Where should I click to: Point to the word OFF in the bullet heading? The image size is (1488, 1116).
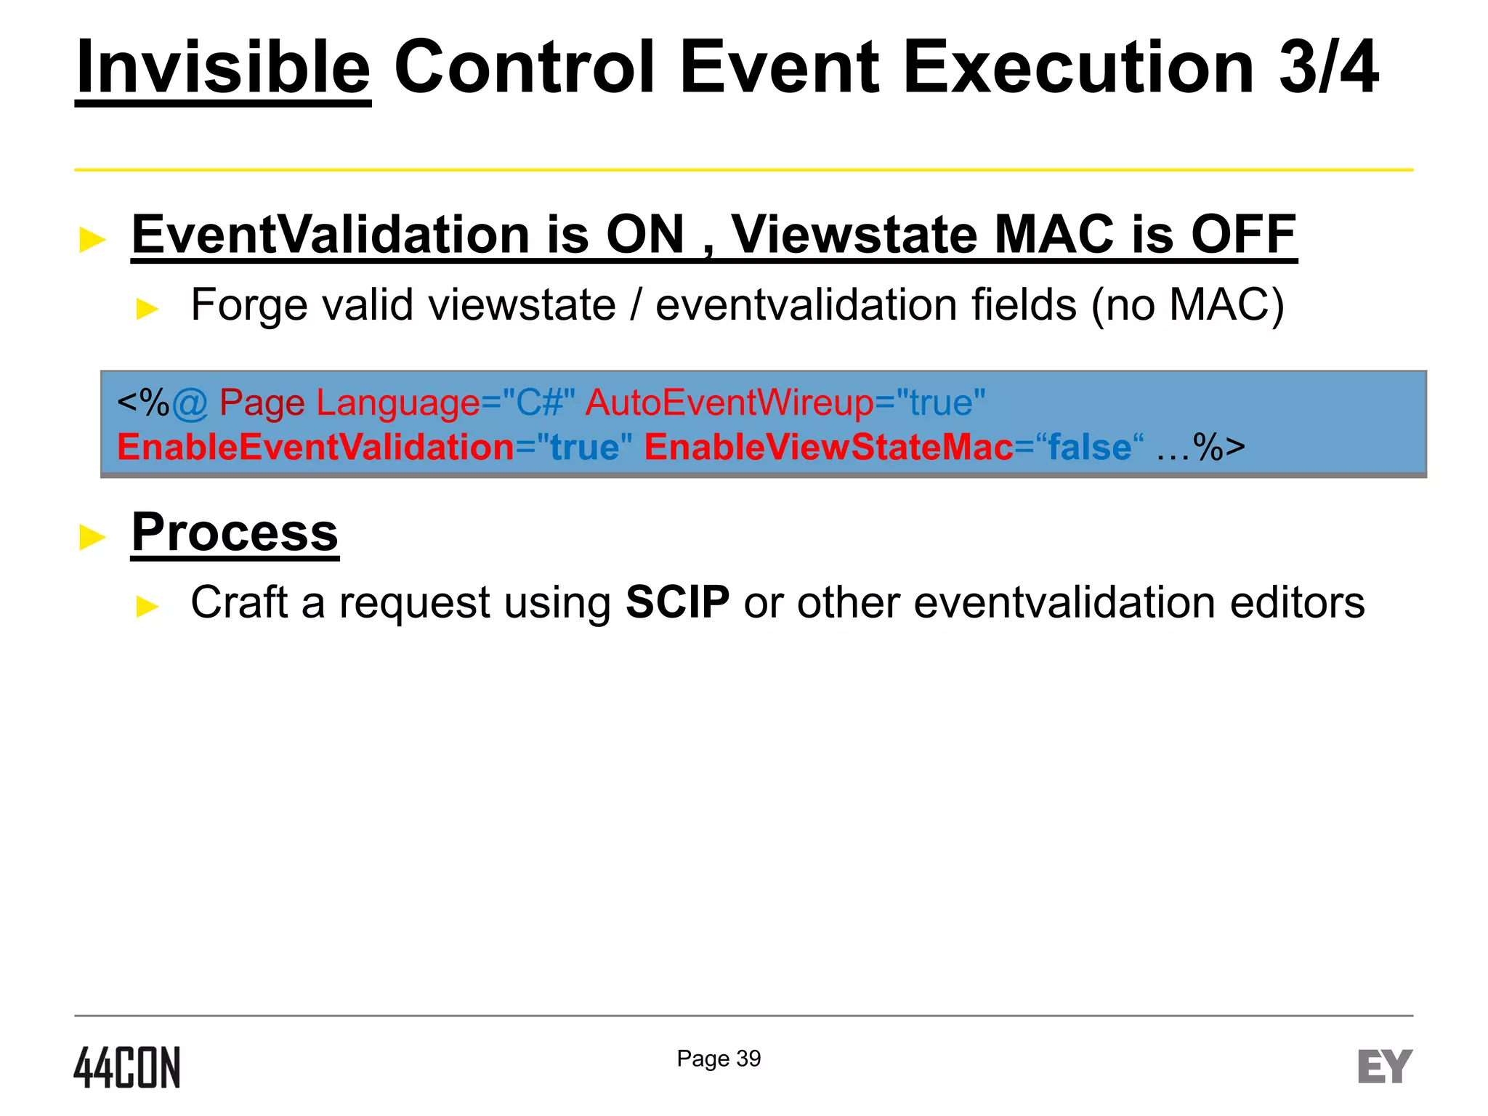click(1243, 235)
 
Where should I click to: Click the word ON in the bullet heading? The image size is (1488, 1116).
click(645, 235)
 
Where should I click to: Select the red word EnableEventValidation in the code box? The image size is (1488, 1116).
click(315, 447)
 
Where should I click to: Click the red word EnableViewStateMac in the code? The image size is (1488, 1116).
click(828, 447)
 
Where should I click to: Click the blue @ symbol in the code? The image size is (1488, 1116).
click(190, 403)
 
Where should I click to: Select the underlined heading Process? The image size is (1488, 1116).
click(235, 533)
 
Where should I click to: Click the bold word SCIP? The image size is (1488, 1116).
click(677, 602)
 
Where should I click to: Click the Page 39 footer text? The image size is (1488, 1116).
click(719, 1059)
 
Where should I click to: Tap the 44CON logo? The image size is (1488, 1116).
click(127, 1067)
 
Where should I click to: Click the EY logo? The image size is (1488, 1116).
click(1385, 1067)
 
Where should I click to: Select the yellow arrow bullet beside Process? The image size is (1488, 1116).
click(92, 538)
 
